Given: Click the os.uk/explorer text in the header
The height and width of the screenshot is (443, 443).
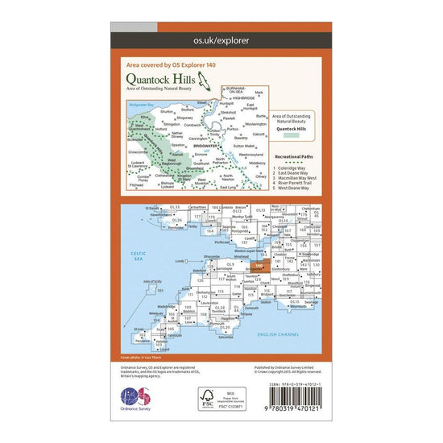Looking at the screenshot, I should (221, 39).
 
